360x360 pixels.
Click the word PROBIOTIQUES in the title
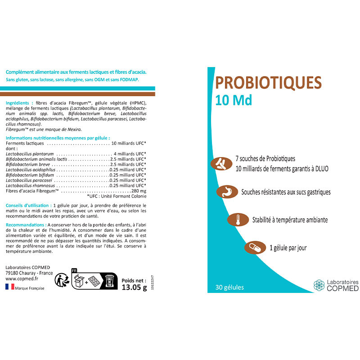pos(268,83)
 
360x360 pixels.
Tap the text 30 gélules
pos(229,287)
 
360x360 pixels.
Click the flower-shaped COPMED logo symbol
pos(319,285)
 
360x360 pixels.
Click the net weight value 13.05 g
pos(135,288)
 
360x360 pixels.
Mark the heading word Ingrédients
pos(18,103)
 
